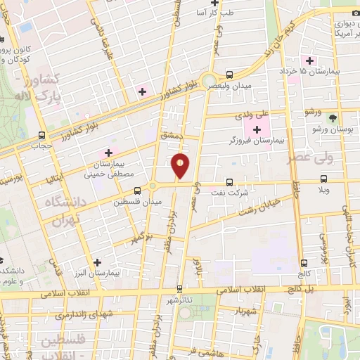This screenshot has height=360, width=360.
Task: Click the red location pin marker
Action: pyautogui.click(x=181, y=165)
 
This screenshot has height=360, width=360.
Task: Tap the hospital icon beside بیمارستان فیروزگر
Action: pyautogui.click(x=257, y=129)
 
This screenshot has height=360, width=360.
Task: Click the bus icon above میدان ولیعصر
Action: pyautogui.click(x=231, y=75)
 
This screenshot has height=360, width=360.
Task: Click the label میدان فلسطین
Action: pyautogui.click(x=138, y=201)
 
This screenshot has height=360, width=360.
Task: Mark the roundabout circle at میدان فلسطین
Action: pyautogui.click(x=152, y=186)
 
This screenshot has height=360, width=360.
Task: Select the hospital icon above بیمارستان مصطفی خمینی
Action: pyautogui.click(x=108, y=153)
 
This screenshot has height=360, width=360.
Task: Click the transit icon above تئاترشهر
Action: pyautogui.click(x=180, y=288)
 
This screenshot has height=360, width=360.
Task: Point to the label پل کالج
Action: pyautogui.click(x=302, y=289)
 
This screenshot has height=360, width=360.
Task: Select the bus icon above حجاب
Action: pyautogui.click(x=42, y=135)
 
